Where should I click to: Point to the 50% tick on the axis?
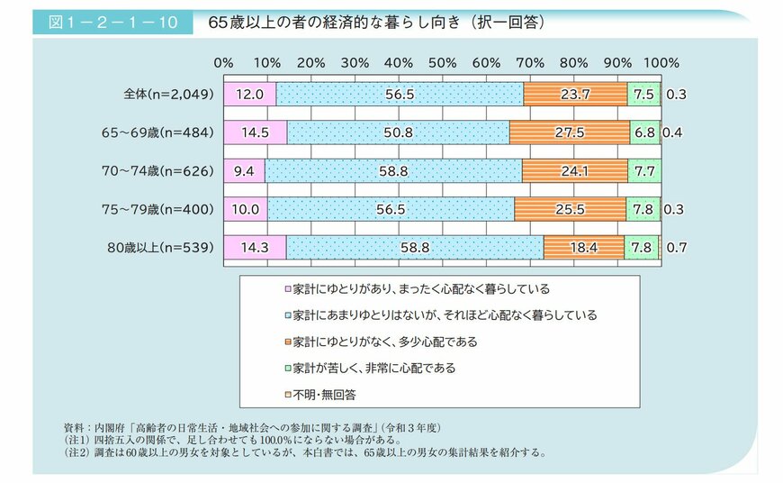click(x=443, y=63)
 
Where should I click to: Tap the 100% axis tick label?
click(x=662, y=63)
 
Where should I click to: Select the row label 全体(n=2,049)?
click(x=169, y=94)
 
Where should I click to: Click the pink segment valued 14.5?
click(x=256, y=132)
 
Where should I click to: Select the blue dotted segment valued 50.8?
click(x=397, y=132)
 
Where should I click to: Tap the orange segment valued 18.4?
click(x=583, y=247)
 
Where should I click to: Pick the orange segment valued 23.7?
click(x=575, y=94)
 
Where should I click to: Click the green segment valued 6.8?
click(x=644, y=132)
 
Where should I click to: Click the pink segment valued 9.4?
click(x=245, y=170)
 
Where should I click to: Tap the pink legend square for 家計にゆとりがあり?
click(x=287, y=290)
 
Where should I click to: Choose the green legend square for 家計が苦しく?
click(x=287, y=369)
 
